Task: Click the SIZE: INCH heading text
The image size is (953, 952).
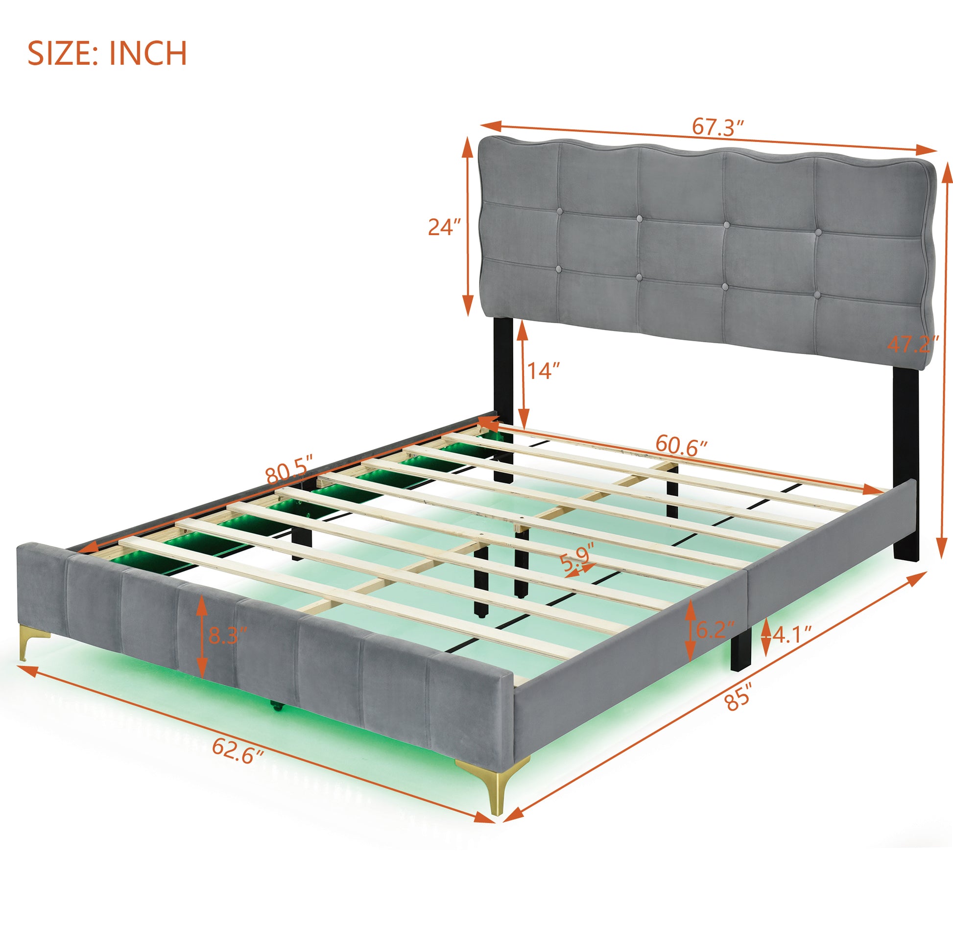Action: pos(107,53)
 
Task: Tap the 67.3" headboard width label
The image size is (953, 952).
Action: pos(717,127)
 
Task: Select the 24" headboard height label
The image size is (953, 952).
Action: pos(444,227)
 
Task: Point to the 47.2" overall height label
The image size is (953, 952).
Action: pos(913,344)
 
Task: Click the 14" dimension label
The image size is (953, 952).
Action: pos(545,370)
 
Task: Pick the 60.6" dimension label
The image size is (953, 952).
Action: pos(681,446)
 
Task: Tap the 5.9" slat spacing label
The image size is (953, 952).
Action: pos(576,558)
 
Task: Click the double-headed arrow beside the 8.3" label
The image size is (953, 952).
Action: pos(201,637)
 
